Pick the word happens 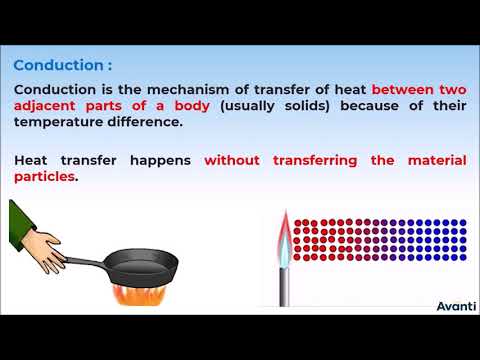pyautogui.click(x=166, y=159)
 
